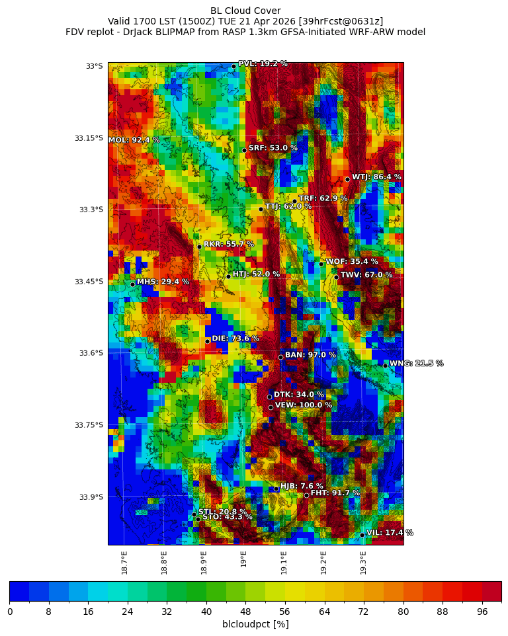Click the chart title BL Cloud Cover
coord(245,11)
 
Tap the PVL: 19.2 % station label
coord(263,64)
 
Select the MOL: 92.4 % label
coord(134,140)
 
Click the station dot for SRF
coord(244,150)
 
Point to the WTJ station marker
coord(347,179)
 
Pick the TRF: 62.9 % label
coord(323,198)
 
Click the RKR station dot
coord(199,247)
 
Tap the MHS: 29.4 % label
coord(163,282)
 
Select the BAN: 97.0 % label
coord(310,355)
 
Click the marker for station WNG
coord(385,366)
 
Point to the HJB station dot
coord(276,489)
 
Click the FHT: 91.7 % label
coord(335,493)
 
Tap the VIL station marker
coord(362,535)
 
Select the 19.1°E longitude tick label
coord(284,563)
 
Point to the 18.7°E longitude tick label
coord(124,563)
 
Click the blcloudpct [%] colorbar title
coord(255,624)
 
